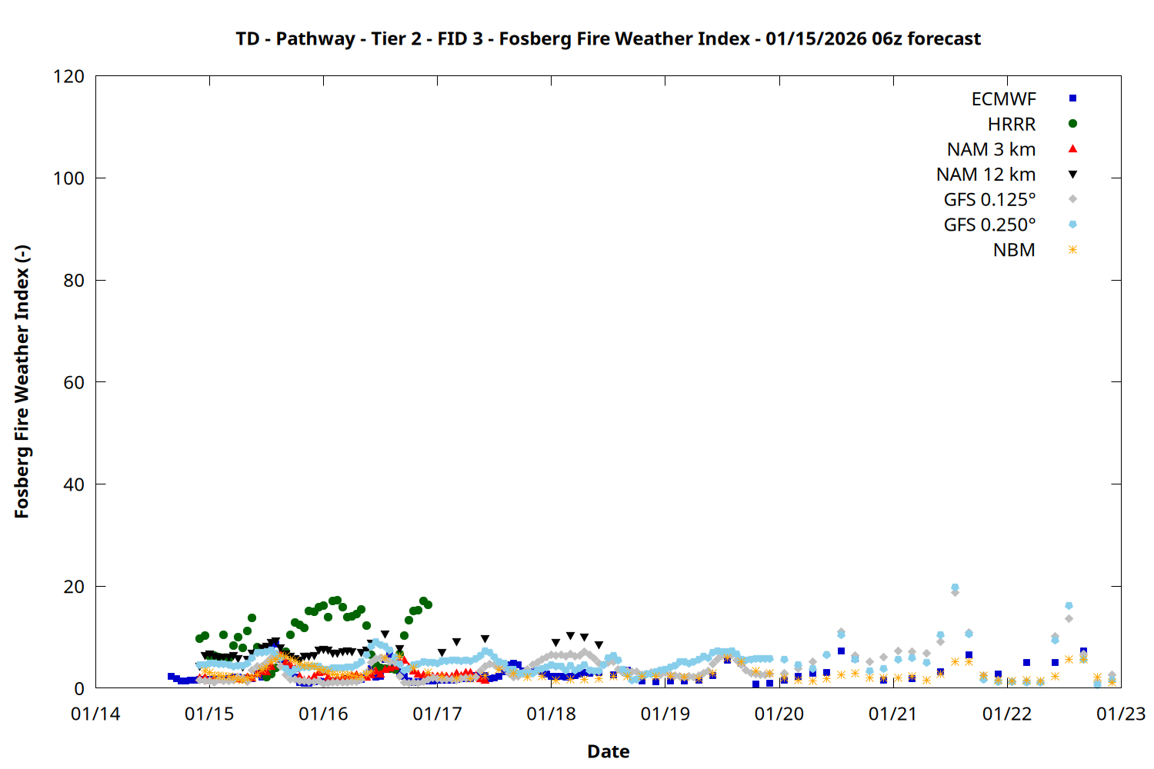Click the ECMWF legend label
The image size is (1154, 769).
tap(1003, 99)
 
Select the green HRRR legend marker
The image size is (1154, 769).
tap(1072, 124)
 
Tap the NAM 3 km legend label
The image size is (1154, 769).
tap(991, 149)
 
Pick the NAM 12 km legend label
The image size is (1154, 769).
tap(986, 175)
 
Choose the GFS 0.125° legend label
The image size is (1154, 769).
tap(989, 200)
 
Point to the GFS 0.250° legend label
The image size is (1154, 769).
tap(989, 225)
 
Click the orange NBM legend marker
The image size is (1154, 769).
tap(1072, 250)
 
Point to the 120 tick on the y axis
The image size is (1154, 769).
tap(69, 76)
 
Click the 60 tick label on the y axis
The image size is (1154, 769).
tap(74, 382)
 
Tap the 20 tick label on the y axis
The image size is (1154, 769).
tap(74, 587)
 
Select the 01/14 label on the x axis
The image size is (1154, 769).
tap(95, 714)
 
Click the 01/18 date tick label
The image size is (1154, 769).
tap(551, 714)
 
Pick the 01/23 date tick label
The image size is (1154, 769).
tap(1120, 714)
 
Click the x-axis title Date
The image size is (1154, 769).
tap(608, 751)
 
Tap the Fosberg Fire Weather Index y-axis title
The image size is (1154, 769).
tap(22, 382)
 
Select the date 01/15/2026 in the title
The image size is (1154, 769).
tap(816, 39)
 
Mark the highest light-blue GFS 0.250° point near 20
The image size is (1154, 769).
tap(955, 588)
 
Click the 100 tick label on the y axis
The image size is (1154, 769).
tap(69, 178)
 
